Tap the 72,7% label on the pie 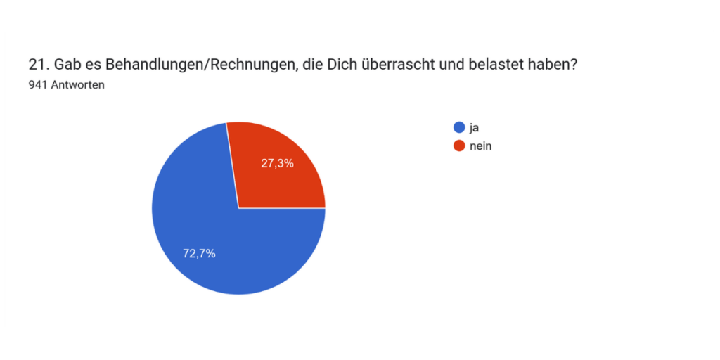click(199, 253)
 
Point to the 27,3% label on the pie click(277, 163)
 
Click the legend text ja click(475, 128)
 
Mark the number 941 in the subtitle click(38, 85)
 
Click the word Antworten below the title click(77, 85)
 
